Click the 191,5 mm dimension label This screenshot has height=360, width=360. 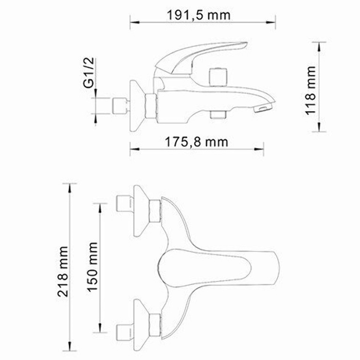click(x=199, y=15)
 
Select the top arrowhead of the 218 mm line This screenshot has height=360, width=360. click(x=71, y=185)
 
